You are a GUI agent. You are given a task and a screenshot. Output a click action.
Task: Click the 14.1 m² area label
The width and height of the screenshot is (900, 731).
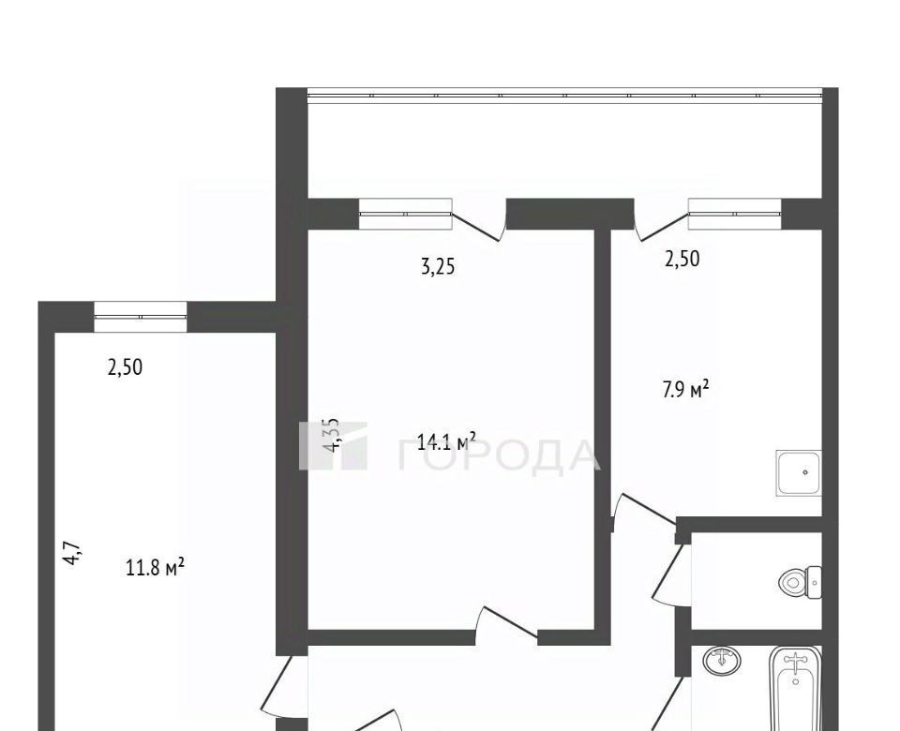[x=446, y=441]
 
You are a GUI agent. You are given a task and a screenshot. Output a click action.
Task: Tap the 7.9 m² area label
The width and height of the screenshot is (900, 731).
[x=686, y=390]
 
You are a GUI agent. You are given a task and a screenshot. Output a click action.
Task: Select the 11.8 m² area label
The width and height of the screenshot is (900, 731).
[x=155, y=568]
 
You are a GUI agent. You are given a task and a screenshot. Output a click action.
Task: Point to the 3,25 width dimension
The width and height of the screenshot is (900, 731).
[x=438, y=267]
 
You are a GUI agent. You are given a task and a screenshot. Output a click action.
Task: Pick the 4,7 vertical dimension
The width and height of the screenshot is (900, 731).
[x=73, y=554]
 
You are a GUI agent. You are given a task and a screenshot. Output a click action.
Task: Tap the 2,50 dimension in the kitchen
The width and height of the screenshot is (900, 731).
[x=682, y=259]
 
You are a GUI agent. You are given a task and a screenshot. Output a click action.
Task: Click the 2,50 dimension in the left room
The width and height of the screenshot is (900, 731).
[x=125, y=366]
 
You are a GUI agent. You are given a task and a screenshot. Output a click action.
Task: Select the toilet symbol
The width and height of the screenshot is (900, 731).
[x=800, y=582]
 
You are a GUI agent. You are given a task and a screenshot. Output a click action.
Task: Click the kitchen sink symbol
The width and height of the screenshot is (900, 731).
[x=799, y=473]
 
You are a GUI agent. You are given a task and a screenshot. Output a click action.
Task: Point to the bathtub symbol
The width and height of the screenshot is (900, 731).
[x=796, y=689]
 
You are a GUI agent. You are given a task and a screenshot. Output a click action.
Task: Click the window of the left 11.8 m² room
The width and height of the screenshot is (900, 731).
[x=141, y=316]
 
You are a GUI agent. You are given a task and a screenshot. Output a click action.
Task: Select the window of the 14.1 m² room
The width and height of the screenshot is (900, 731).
[x=405, y=214]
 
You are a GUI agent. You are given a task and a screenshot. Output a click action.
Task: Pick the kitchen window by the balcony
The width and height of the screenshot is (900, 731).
[x=735, y=214]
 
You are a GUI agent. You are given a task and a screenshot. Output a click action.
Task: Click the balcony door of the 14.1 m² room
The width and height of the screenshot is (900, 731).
[x=479, y=222]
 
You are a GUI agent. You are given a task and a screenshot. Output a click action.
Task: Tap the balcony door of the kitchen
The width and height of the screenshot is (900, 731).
[x=661, y=222]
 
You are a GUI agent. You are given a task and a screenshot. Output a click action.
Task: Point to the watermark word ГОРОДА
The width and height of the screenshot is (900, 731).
[x=498, y=455]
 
